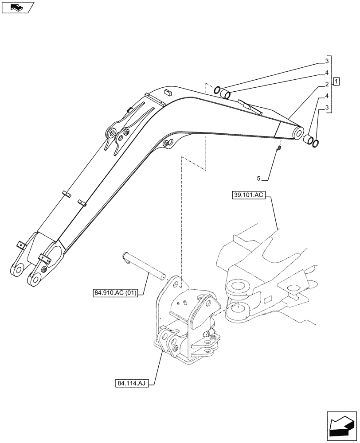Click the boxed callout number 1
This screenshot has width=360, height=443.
tap(337, 81)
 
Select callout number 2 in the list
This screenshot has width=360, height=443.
tap(326, 84)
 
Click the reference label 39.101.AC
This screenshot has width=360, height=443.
tap(248, 195)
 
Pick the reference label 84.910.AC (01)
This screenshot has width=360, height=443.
tap(115, 293)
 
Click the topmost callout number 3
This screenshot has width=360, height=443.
tap(326, 61)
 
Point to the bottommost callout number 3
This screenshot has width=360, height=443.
tap(326, 108)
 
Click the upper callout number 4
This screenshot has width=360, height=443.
tap(326, 73)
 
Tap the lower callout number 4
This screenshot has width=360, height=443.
tap(326, 96)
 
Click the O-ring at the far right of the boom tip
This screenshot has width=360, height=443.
tap(315, 142)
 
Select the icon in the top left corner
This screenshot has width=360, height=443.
tap(17, 8)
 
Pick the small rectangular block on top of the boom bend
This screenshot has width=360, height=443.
tap(167, 92)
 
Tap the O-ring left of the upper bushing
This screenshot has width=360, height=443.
tap(217, 91)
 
